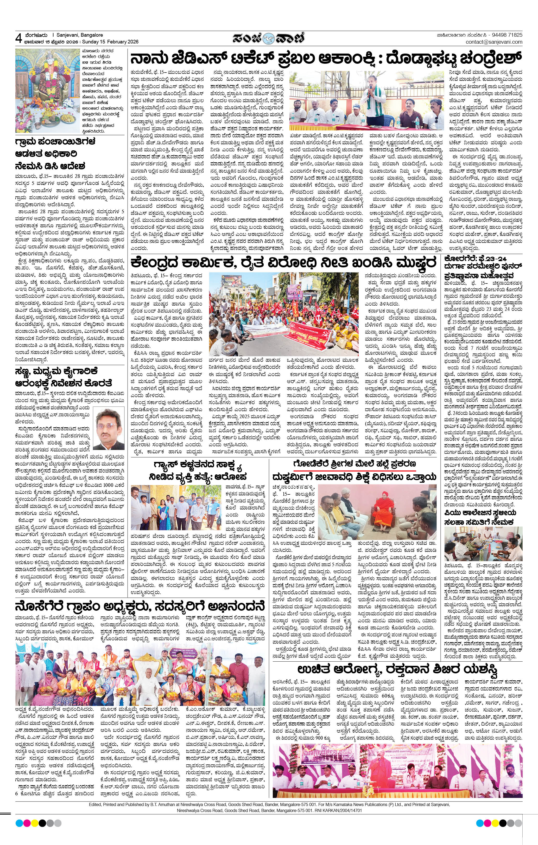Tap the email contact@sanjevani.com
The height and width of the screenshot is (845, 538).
point(494,42)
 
